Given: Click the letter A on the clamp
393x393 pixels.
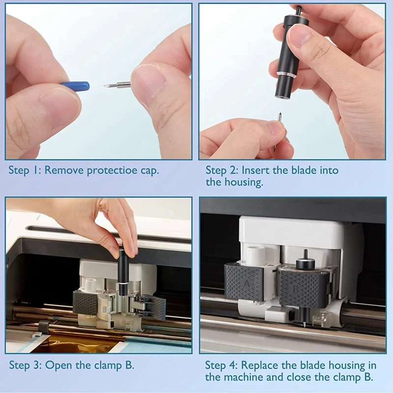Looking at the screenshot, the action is click(247, 283).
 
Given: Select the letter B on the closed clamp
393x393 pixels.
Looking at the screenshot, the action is click(296, 289).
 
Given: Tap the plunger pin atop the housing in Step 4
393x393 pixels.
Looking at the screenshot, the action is click(305, 255).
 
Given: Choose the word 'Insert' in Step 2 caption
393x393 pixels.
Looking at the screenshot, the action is click(255, 170).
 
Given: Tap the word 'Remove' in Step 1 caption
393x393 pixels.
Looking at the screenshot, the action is click(64, 170).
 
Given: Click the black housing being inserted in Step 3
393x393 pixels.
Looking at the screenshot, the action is click(123, 273).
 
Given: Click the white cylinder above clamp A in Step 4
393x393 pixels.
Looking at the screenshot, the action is click(255, 255).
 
